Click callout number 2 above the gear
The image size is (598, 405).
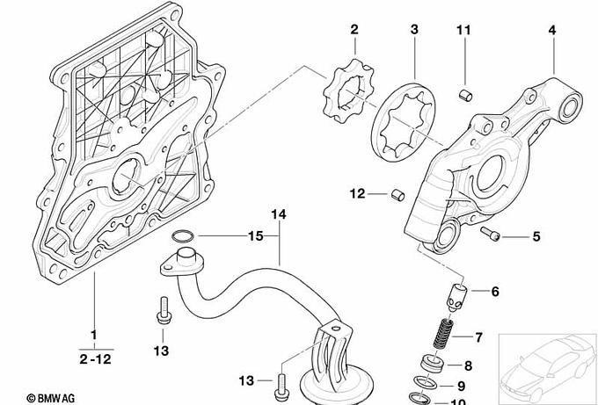click(x=354, y=30)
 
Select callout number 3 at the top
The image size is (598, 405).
click(x=414, y=30)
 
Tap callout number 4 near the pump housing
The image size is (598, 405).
click(x=552, y=30)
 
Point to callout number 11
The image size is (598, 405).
click(x=463, y=30)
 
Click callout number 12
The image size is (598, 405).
click(x=357, y=193)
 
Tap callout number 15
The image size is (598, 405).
click(x=255, y=235)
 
